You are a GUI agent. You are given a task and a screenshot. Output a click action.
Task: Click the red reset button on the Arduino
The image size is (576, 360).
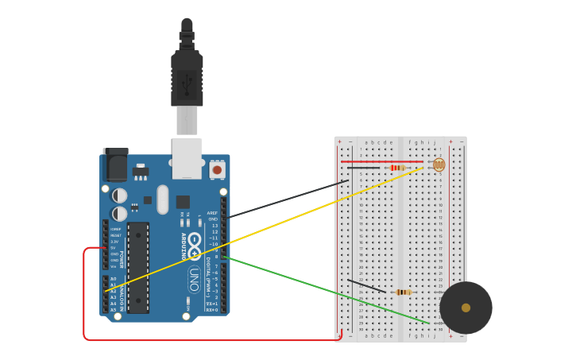tap(217, 169)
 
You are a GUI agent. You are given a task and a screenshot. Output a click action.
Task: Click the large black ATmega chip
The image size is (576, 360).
tap(138, 267)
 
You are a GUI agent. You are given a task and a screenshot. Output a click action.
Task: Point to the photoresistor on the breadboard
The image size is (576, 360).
tap(439, 165)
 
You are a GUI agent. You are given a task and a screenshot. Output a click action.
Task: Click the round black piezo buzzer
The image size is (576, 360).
tap(466, 308)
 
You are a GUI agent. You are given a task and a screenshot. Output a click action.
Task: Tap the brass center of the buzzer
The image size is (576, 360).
tap(466, 308)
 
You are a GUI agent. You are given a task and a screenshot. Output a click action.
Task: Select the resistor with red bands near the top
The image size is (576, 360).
tap(398, 168)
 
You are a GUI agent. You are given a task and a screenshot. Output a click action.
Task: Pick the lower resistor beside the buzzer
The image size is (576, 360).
tap(404, 292)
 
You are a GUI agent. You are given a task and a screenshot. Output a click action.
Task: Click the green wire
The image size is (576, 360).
tap(326, 290)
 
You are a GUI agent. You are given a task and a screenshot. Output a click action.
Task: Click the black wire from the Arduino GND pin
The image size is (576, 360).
tap(286, 199)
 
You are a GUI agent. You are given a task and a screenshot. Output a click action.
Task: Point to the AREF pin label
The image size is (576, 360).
tap(212, 213)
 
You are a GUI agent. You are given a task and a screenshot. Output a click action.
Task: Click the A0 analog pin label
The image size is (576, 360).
tap(113, 278)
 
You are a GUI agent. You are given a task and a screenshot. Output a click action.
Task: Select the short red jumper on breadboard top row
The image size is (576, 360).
tap(381, 161)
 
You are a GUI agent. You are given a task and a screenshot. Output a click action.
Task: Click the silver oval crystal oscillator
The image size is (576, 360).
tap(163, 199)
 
